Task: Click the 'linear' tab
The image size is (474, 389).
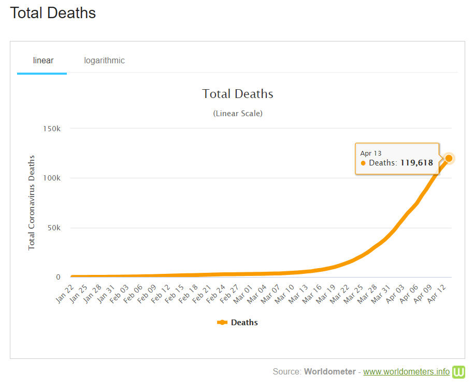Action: tap(43, 61)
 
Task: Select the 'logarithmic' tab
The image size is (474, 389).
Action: tap(104, 61)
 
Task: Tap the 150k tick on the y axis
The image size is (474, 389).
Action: tap(52, 129)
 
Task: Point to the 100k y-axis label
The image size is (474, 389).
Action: tap(52, 178)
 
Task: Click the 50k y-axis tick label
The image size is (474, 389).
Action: tap(53, 228)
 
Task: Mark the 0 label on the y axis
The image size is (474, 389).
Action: tap(58, 277)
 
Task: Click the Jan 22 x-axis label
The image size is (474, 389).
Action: tap(65, 294)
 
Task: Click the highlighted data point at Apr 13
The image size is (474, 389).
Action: tap(449, 158)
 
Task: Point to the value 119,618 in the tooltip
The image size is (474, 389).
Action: tap(416, 163)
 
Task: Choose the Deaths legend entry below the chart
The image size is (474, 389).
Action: tap(238, 323)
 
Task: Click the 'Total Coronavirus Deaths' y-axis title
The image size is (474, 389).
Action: tap(32, 202)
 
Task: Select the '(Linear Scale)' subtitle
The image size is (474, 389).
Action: tap(238, 113)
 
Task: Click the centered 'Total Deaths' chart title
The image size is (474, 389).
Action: tap(238, 94)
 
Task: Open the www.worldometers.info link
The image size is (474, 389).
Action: tap(406, 372)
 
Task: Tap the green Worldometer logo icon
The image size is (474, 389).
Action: tap(459, 372)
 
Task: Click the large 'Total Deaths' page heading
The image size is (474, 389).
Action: tap(53, 13)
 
